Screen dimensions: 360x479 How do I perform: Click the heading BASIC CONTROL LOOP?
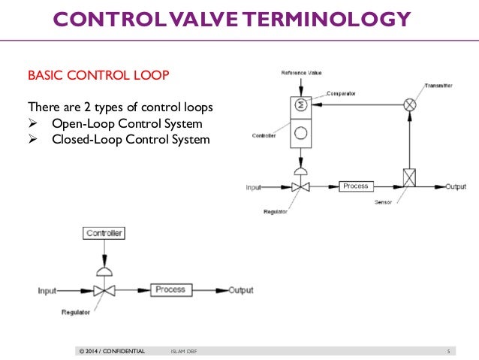pyautogui.click(x=98, y=76)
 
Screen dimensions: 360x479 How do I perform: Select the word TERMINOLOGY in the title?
pyautogui.click(x=334, y=19)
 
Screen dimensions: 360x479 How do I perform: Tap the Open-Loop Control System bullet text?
pyautogui.click(x=127, y=123)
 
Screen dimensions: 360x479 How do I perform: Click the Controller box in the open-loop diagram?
pyautogui.click(x=104, y=234)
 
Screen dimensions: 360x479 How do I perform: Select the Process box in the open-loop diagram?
pyautogui.click(x=170, y=289)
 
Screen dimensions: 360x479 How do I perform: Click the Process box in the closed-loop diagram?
pyautogui.click(x=355, y=186)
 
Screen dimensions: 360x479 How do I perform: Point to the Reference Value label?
pyautogui.click(x=301, y=73)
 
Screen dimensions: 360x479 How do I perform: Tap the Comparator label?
pyautogui.click(x=341, y=94)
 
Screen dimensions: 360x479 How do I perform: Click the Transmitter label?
pyautogui.click(x=438, y=86)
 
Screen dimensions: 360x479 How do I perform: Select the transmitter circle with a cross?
pyautogui.click(x=410, y=105)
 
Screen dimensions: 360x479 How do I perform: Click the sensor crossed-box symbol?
pyautogui.click(x=410, y=177)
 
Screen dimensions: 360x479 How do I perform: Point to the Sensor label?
pyautogui.click(x=384, y=203)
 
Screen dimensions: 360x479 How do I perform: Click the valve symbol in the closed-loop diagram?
pyautogui.click(x=301, y=186)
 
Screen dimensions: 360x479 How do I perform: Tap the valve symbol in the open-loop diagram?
pyautogui.click(x=104, y=290)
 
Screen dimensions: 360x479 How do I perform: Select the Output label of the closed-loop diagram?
pyautogui.click(x=455, y=186)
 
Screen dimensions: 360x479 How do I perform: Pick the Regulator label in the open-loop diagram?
pyautogui.click(x=77, y=310)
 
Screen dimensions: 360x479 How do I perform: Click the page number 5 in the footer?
pyautogui.click(x=447, y=351)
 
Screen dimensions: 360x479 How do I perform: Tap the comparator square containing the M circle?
pyautogui.click(x=301, y=106)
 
